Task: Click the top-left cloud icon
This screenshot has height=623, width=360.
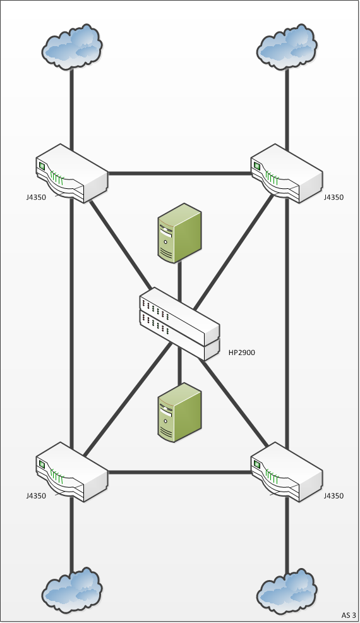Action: (x=72, y=47)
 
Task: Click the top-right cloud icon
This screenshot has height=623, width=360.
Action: (x=287, y=47)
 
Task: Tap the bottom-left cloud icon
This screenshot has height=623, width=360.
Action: (x=72, y=590)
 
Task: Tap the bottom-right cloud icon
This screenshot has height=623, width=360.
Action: (x=287, y=590)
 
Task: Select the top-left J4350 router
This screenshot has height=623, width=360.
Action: (x=72, y=173)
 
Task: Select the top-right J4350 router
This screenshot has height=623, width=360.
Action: (x=287, y=173)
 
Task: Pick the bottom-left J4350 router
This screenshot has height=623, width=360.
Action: (x=72, y=472)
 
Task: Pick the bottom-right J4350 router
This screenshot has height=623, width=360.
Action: (x=287, y=472)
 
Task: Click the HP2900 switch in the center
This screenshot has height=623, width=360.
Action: (x=179, y=324)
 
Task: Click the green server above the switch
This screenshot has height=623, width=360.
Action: (x=179, y=233)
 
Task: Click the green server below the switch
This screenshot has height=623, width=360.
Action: (x=179, y=413)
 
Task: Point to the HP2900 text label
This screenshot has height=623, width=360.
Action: (x=242, y=353)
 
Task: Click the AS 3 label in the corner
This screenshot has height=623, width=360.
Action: (x=349, y=615)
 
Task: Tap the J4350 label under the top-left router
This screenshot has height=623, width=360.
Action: (x=36, y=198)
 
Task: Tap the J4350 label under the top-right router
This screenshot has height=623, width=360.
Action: (x=333, y=198)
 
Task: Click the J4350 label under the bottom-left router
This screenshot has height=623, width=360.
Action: (x=36, y=496)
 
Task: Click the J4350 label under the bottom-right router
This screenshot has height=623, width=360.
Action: (x=333, y=496)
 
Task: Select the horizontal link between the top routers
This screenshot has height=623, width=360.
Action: (x=179, y=173)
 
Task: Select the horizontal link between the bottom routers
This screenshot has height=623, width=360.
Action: (x=179, y=473)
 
